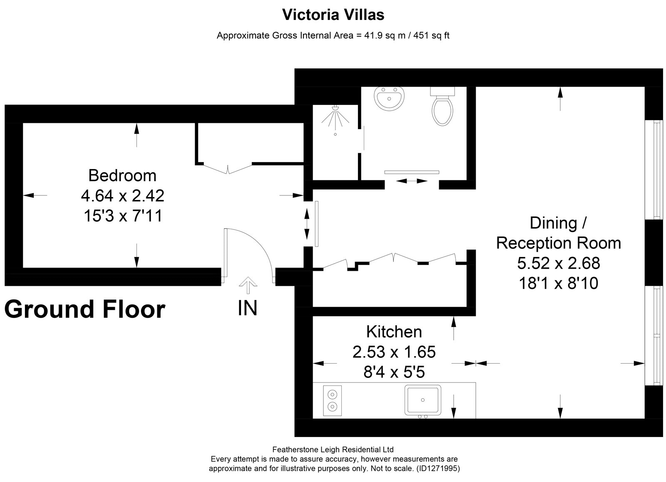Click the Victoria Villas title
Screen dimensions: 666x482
coord(333,15)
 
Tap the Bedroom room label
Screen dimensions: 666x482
coord(122,175)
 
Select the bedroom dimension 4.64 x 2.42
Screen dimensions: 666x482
coord(122,196)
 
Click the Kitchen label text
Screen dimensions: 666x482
coord(394,332)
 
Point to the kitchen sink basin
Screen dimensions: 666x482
coord(422,400)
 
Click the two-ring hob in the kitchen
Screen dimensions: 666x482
coord(332,400)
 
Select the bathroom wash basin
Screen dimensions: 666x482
coord(389,98)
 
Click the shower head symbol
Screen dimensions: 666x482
coord(335,119)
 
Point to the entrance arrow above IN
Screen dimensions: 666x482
coord(248,285)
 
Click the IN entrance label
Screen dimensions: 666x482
coord(247,308)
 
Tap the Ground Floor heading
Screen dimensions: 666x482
coord(85,310)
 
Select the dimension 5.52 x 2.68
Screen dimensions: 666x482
coord(559,263)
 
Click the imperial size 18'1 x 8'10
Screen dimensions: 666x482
coord(559,283)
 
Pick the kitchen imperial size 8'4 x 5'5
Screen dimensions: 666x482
coord(394,372)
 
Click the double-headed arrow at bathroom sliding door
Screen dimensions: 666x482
coord(412,181)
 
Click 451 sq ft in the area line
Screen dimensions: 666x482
coord(431,35)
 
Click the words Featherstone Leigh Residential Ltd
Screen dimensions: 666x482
coord(333,449)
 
